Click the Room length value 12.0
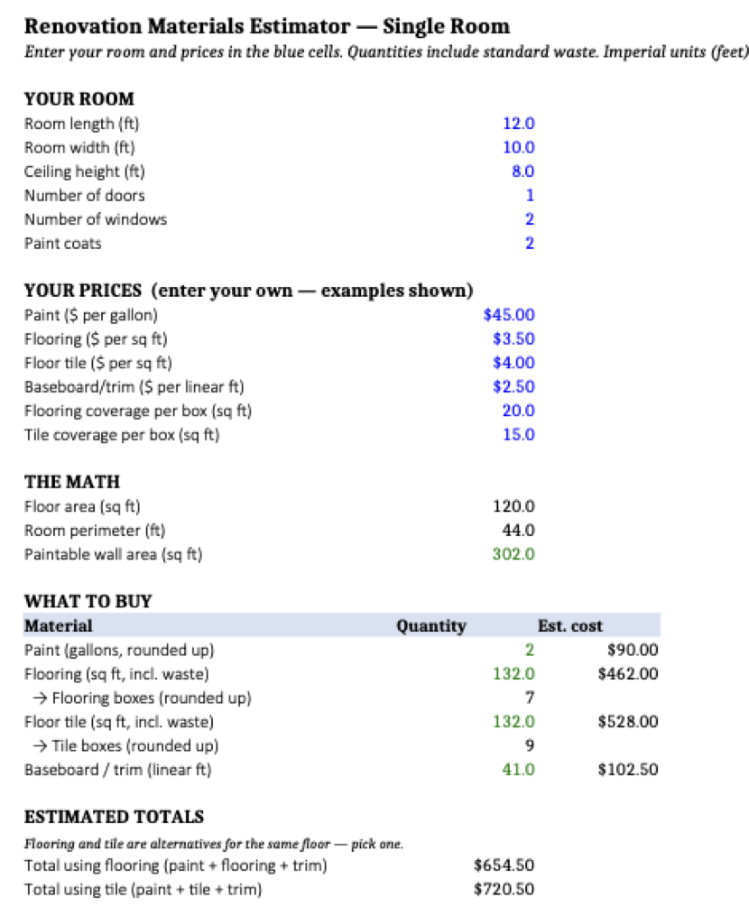(x=519, y=124)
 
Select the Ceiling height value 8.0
(x=522, y=171)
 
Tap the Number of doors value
(x=530, y=195)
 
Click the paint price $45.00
(x=509, y=315)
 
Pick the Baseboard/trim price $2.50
(x=513, y=387)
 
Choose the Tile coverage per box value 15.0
(x=519, y=435)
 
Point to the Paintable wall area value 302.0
(x=513, y=554)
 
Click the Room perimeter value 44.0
(x=519, y=530)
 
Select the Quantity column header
(x=431, y=625)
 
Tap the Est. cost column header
(x=569, y=625)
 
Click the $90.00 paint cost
(x=633, y=650)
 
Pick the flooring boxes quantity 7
(x=530, y=698)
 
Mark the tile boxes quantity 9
(x=530, y=745)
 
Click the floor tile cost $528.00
(x=628, y=721)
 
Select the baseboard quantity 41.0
(x=519, y=770)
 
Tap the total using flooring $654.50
(x=504, y=865)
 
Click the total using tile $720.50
(x=504, y=889)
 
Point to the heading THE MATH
(x=72, y=482)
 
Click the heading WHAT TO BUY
(x=88, y=601)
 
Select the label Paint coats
(x=63, y=243)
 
